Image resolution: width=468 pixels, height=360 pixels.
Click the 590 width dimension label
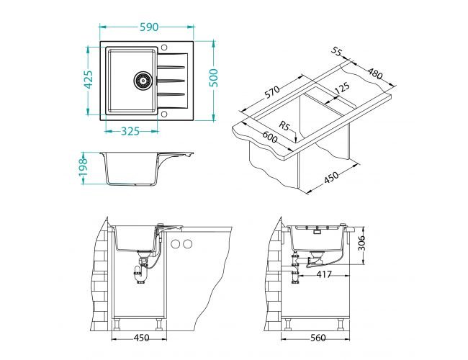[x=149, y=27]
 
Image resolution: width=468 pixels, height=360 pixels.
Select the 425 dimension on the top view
[x=89, y=80]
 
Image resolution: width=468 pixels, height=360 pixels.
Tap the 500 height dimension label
[x=214, y=78]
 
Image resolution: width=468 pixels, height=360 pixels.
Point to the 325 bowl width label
[x=130, y=131]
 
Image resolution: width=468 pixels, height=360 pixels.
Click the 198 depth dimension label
[x=83, y=167]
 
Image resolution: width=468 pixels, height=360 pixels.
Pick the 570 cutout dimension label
[x=272, y=92]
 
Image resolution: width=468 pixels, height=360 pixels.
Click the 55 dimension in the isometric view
[x=336, y=52]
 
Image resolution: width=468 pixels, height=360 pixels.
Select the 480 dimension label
[x=374, y=73]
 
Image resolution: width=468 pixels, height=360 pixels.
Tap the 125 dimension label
[x=341, y=88]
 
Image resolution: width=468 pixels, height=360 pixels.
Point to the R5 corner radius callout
[x=284, y=126]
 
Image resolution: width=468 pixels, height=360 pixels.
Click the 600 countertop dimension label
[x=270, y=138]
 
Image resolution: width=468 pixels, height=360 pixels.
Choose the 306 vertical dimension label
[x=361, y=243]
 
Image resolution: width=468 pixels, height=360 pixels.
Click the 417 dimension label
[x=324, y=274]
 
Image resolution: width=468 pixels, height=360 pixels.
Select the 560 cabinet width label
[x=318, y=338]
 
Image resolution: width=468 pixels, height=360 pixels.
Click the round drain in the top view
[x=143, y=81]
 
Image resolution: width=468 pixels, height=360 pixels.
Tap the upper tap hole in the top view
[x=164, y=48]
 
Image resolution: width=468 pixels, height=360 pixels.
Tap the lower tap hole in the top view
[x=164, y=114]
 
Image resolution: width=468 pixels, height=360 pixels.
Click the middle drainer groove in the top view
[x=171, y=81]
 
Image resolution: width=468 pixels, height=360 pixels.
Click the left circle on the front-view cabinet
[x=176, y=244]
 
